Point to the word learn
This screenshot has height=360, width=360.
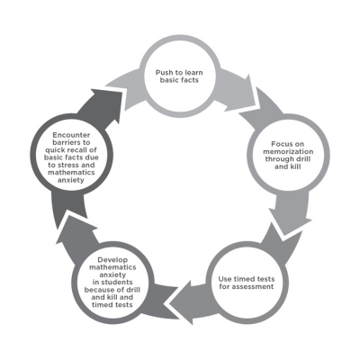tap(193, 73)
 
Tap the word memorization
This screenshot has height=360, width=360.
tap(288, 151)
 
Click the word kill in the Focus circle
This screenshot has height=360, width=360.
tap(294, 166)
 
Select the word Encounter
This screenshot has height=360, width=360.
tap(71, 135)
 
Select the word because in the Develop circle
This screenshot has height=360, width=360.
tap(99, 290)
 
